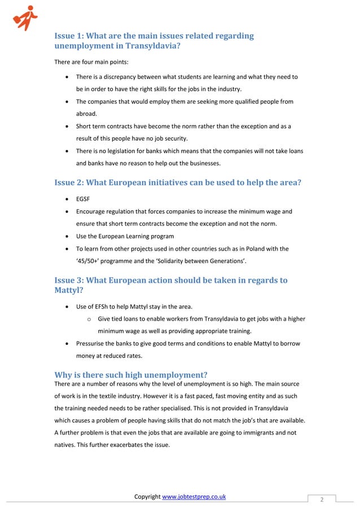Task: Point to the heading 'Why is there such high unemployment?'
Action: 130,375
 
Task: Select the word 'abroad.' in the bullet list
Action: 87,113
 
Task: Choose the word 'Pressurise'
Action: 94,344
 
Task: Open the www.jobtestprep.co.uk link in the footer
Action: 194,497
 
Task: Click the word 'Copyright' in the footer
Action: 147,497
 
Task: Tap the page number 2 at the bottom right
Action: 321,499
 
